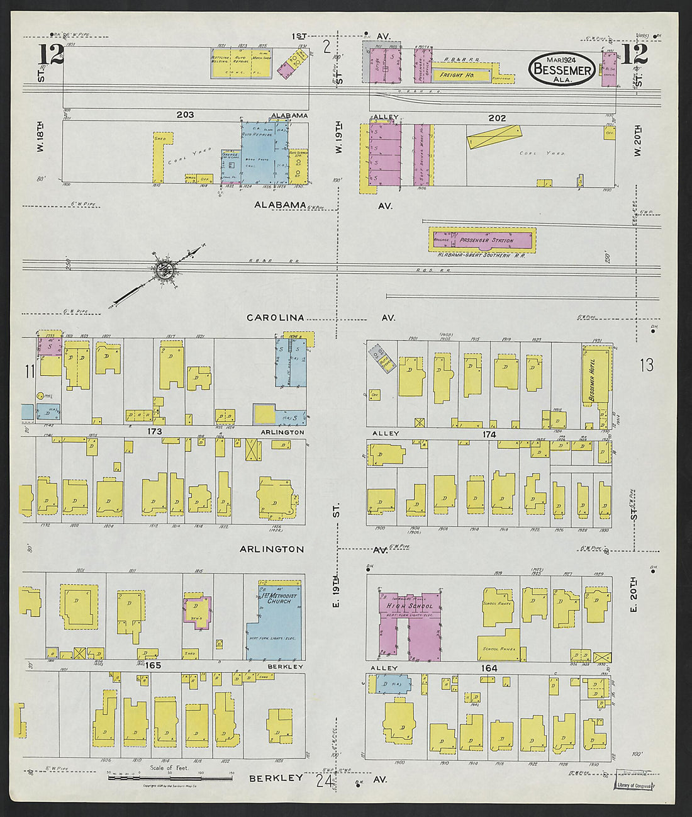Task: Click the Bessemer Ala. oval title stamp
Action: [x=563, y=69]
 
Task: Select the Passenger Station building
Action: [x=483, y=240]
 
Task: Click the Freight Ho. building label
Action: [x=457, y=76]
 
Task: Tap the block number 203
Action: [x=185, y=115]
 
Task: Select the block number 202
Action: [x=497, y=118]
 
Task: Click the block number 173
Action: [x=155, y=432]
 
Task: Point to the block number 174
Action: [x=489, y=434]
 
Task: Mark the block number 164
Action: [x=489, y=668]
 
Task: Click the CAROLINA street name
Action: [x=275, y=318]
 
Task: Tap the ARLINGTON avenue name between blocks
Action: [x=271, y=549]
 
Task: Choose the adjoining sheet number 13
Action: [x=647, y=364]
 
